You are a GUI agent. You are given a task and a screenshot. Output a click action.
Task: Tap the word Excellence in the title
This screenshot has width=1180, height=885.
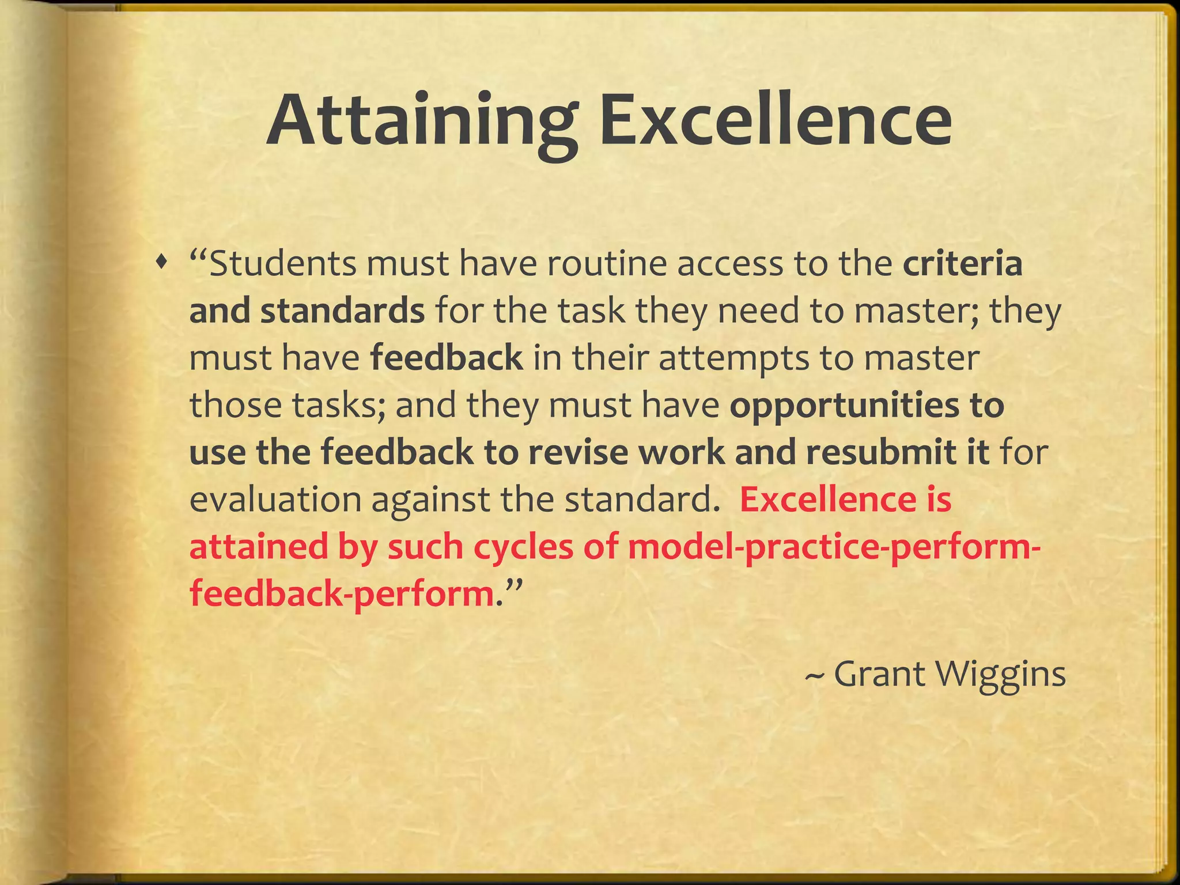click(x=775, y=121)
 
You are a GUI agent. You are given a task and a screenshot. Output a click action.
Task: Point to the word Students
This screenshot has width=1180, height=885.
click(x=282, y=264)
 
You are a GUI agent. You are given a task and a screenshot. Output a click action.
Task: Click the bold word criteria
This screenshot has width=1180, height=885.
click(x=962, y=264)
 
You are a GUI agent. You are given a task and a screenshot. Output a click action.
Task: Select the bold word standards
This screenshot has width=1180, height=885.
click(x=342, y=311)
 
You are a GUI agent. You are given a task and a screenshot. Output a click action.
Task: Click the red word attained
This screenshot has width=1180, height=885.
click(x=258, y=546)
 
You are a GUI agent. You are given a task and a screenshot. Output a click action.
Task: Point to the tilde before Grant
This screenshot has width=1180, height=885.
click(x=814, y=675)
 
